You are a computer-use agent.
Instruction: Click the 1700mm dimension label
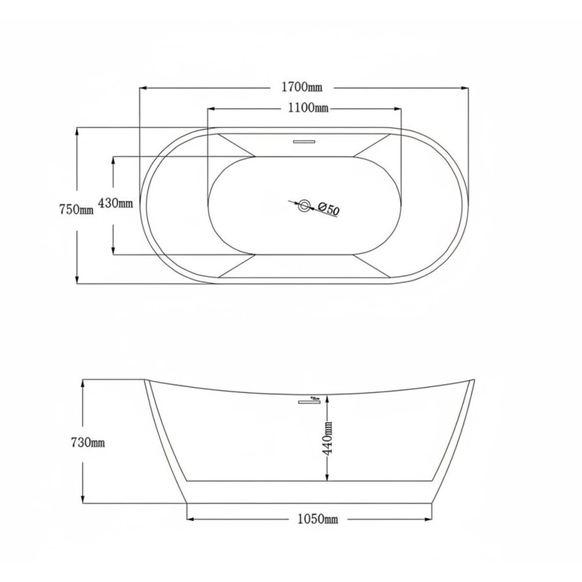tap(302, 87)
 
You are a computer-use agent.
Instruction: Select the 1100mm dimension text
tap(308, 108)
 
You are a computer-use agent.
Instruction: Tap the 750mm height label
tap(76, 210)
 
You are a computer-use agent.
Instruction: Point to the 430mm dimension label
tap(115, 203)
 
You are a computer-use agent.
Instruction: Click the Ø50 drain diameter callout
tap(328, 209)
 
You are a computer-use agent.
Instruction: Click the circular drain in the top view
tap(305, 205)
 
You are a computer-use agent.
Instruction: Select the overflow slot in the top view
tap(304, 141)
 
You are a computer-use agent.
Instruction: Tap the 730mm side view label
tap(88, 442)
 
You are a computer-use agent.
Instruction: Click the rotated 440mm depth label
tap(328, 438)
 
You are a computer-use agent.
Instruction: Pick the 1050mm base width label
tap(318, 519)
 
